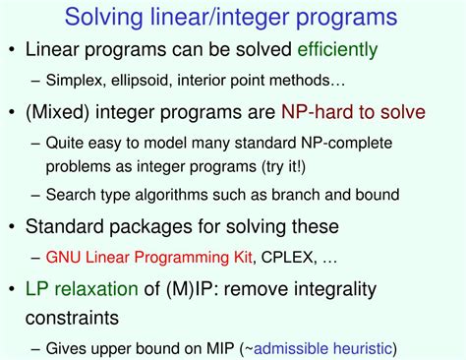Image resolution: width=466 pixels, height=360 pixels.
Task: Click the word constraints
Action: pyautogui.click(x=79, y=318)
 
